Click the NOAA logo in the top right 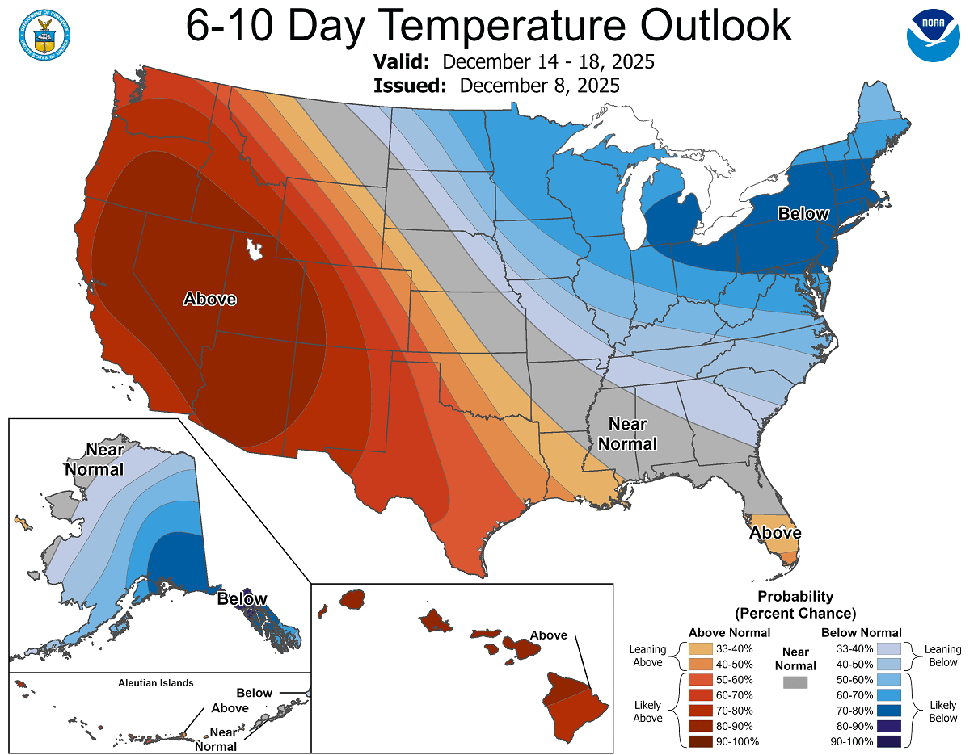coord(933,35)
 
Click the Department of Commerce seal coord(44,34)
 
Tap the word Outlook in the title coord(715,26)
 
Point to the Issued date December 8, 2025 coord(539,86)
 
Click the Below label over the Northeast coord(803,214)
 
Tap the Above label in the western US coord(210,299)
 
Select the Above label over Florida coord(775,533)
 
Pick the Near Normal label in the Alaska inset coord(95,459)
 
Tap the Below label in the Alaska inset coord(242,599)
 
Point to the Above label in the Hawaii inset coord(549,635)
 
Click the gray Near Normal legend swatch coord(795,682)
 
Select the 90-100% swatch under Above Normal coord(700,741)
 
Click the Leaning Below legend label coord(942,656)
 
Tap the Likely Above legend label coord(648,711)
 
